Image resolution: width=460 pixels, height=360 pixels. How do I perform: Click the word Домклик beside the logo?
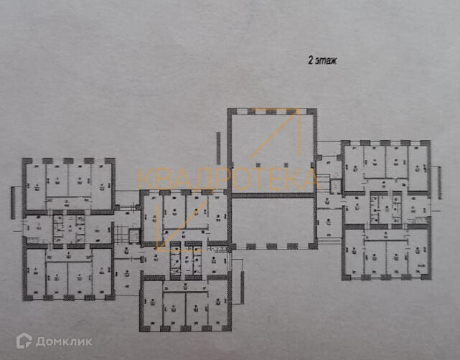point(63,341)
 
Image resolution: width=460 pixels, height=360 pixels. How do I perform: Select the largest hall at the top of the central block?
point(272,151)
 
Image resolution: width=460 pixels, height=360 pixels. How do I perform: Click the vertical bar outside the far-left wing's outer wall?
point(13,201)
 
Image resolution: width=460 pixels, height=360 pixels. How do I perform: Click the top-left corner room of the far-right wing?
point(353,167)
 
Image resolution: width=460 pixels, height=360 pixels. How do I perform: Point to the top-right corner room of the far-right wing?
point(419,167)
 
